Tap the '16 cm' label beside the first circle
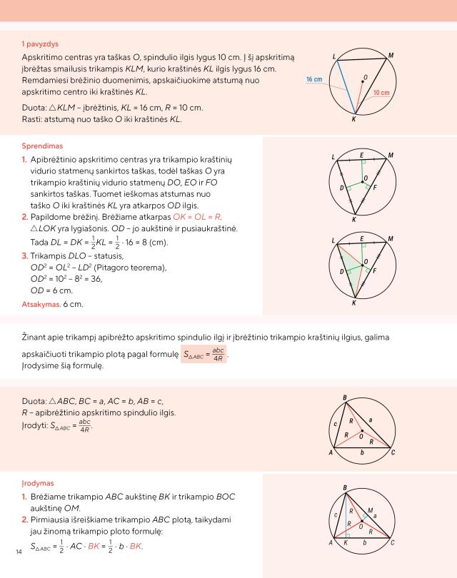click(x=315, y=79)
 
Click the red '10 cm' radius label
click(x=381, y=93)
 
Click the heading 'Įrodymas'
click(x=39, y=482)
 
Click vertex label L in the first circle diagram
click(x=334, y=56)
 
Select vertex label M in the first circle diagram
click(x=391, y=55)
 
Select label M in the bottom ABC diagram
click(x=369, y=510)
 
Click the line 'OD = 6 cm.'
click(x=53, y=290)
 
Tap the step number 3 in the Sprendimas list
click(x=24, y=255)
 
